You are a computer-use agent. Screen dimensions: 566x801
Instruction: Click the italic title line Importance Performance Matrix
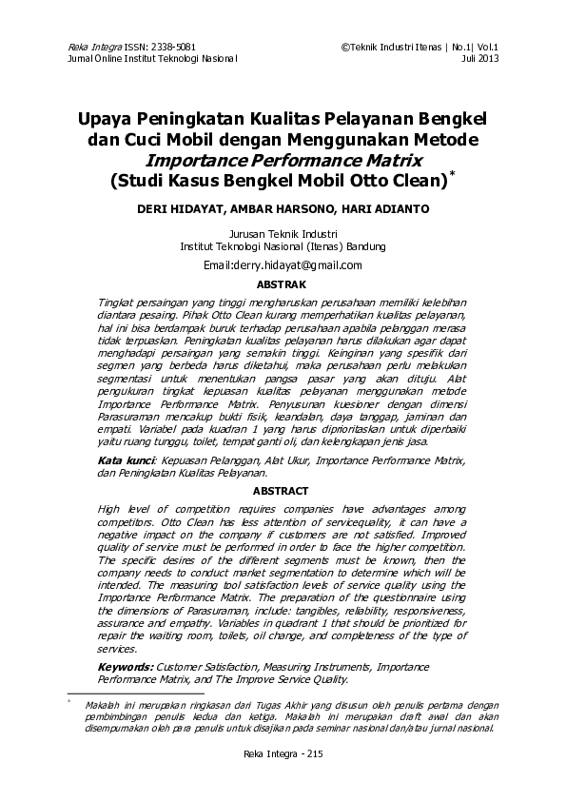[x=283, y=159]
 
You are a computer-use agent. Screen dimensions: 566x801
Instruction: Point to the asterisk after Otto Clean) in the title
[x=452, y=174]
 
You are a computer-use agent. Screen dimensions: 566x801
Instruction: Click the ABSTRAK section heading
[x=282, y=284]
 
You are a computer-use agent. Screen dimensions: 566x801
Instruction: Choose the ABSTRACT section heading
[x=282, y=491]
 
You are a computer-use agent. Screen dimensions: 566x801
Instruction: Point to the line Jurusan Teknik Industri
[x=283, y=233]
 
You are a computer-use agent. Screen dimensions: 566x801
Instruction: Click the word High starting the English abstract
[x=111, y=509]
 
